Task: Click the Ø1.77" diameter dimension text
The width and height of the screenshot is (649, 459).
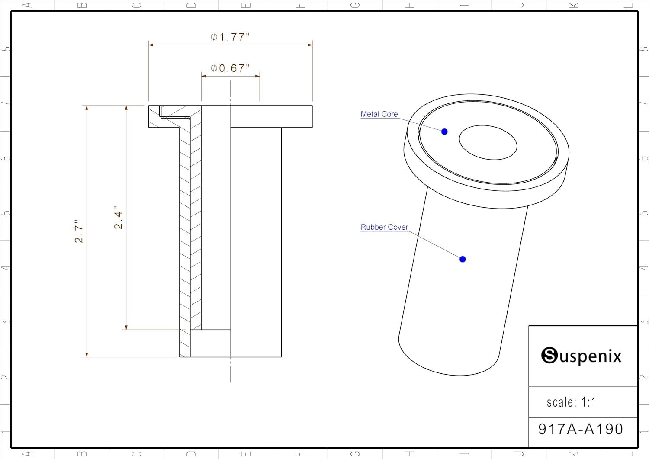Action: pos(230,37)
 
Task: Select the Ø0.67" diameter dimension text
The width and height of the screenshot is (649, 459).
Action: pos(230,68)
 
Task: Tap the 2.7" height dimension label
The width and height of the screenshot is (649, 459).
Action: pos(79,231)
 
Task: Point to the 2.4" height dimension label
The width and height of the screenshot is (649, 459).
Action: pos(118,217)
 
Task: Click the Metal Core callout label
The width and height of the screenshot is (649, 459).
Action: pos(379,114)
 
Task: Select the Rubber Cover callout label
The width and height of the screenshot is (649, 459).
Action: pos(384,227)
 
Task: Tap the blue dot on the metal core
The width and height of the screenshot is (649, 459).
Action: pos(444,132)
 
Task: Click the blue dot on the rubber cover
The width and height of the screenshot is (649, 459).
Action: pos(463,259)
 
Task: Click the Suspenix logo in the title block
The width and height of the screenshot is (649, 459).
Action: pos(581,356)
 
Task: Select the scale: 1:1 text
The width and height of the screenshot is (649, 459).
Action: pos(571,402)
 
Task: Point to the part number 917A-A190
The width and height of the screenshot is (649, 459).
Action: pos(581,429)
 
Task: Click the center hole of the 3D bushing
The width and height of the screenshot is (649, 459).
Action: pos(488,142)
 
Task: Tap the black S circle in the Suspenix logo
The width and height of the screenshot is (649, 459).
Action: pos(549,356)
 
